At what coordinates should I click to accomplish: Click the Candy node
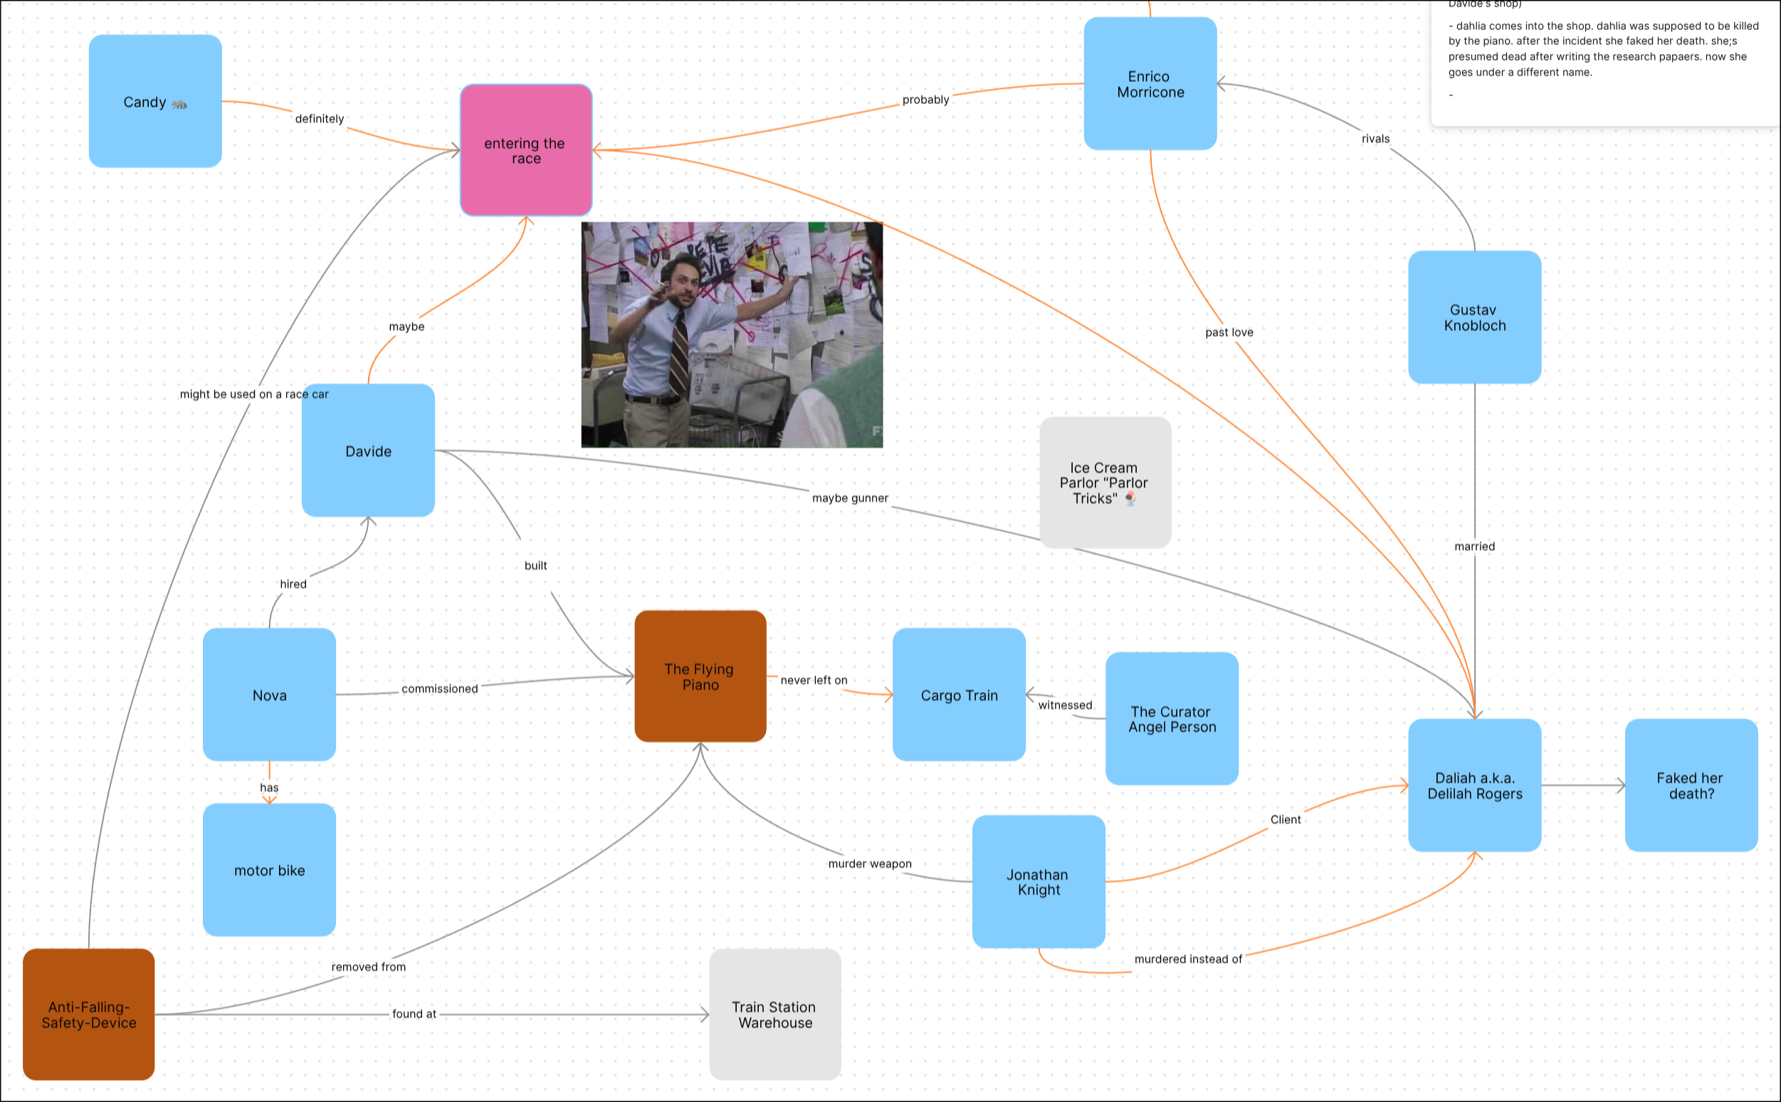(x=154, y=101)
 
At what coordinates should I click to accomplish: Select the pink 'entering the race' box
(x=525, y=150)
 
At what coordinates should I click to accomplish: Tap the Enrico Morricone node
(x=1150, y=84)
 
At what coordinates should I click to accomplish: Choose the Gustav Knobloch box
(x=1474, y=317)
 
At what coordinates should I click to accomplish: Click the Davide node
(x=368, y=451)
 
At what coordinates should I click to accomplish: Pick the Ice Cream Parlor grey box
(x=1105, y=483)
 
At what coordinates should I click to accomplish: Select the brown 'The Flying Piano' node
(x=700, y=676)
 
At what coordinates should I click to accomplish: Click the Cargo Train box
(x=959, y=695)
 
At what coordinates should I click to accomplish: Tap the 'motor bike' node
(x=269, y=869)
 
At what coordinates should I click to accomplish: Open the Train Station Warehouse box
(x=774, y=1014)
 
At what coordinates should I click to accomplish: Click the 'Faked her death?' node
(x=1691, y=785)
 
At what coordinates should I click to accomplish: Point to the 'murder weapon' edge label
(x=869, y=864)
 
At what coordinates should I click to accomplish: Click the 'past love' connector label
(x=1229, y=332)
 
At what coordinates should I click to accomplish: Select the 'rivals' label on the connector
(x=1375, y=139)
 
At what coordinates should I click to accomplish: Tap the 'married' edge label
(x=1474, y=546)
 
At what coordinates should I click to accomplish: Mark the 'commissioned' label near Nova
(x=439, y=689)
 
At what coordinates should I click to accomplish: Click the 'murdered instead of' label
(x=1188, y=959)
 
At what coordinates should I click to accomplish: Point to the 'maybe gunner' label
(x=850, y=498)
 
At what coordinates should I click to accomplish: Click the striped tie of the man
(x=679, y=350)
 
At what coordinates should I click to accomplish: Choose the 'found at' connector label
(x=414, y=1014)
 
